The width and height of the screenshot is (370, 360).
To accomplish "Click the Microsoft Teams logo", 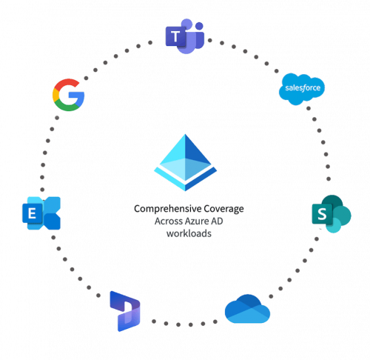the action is pyautogui.click(x=185, y=36).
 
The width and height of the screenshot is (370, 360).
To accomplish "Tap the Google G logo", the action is pyautogui.click(x=68, y=95).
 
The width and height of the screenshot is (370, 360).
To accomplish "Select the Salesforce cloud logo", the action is pyautogui.click(x=302, y=89).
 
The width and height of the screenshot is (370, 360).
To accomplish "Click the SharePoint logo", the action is pyautogui.click(x=332, y=214).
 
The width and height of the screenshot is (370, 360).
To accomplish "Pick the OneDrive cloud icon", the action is pyautogui.click(x=247, y=309).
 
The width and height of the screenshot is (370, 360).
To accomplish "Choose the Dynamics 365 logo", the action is pyautogui.click(x=125, y=311).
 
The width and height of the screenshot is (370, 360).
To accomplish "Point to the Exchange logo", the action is pyautogui.click(x=41, y=213).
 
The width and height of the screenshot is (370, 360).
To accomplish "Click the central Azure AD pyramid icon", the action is pyautogui.click(x=185, y=162).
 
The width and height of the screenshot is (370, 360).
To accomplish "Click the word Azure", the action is pyautogui.click(x=198, y=221).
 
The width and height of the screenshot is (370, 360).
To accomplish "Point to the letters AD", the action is pyautogui.click(x=217, y=221).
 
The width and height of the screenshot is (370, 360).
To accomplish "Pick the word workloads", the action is pyautogui.click(x=189, y=233).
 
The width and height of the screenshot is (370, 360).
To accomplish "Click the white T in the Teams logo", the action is pyautogui.click(x=175, y=37).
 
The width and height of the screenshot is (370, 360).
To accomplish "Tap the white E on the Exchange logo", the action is pyautogui.click(x=32, y=213).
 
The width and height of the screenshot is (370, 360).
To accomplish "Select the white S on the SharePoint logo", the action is pyautogui.click(x=322, y=214).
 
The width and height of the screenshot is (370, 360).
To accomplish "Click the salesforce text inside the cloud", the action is pyautogui.click(x=303, y=88).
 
